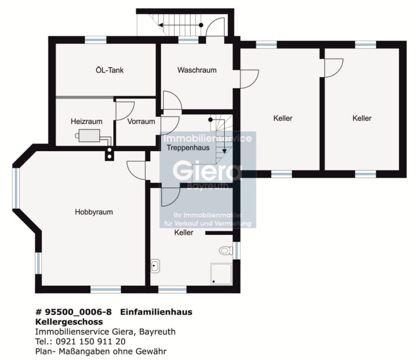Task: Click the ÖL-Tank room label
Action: pyautogui.click(x=110, y=70)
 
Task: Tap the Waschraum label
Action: pyautogui.click(x=197, y=70)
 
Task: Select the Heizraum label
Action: pyautogui.click(x=86, y=122)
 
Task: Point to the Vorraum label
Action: pyautogui.click(x=141, y=122)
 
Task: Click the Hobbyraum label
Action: pyautogui.click(x=94, y=212)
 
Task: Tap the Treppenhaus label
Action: pyautogui.click(x=188, y=148)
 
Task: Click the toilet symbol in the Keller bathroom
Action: pyautogui.click(x=226, y=250)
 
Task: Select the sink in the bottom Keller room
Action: pyautogui.click(x=155, y=266)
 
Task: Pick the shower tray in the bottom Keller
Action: pyautogui.click(x=221, y=274)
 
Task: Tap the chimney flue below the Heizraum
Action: pyautogui.click(x=109, y=153)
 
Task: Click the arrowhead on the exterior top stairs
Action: pyautogui.click(x=161, y=25)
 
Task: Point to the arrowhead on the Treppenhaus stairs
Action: pyautogui.click(x=225, y=151)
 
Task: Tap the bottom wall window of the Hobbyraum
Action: pyautogui.click(x=105, y=289)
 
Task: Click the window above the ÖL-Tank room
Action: pyautogui.click(x=96, y=40)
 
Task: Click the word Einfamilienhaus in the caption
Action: pyautogui.click(x=156, y=312)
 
